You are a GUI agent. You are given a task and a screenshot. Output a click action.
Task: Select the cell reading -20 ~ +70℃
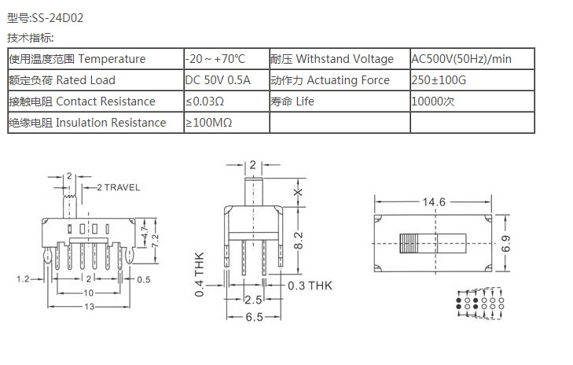(215, 59)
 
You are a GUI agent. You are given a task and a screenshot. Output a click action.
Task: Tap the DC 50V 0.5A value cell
(218, 80)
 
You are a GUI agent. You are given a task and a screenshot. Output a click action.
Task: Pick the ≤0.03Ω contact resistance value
(205, 101)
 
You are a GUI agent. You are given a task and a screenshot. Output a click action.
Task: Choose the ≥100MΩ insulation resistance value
(208, 123)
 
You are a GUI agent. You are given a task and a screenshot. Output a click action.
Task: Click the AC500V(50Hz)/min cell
(461, 59)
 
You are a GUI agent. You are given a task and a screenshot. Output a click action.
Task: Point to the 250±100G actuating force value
(439, 80)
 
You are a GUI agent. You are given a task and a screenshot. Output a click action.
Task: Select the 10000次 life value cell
(433, 101)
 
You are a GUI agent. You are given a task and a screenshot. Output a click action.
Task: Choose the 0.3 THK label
(310, 286)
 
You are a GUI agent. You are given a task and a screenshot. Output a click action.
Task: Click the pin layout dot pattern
(479, 302)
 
